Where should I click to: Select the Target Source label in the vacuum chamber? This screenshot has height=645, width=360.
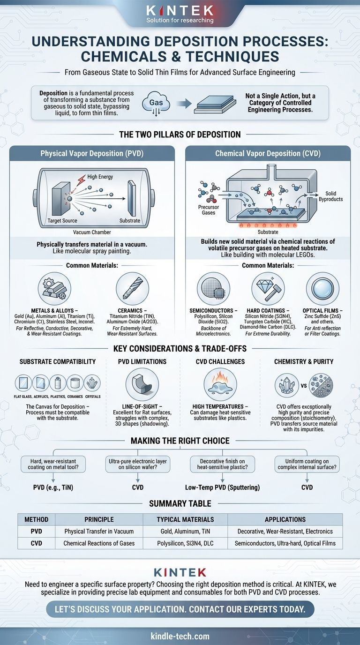(62, 221)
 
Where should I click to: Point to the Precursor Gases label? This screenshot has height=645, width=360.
(209, 210)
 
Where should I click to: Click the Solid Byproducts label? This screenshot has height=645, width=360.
(330, 196)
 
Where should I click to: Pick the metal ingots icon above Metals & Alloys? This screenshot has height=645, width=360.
(54, 289)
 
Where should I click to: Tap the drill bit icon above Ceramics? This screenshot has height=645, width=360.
(133, 289)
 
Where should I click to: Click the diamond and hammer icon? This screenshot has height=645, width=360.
(268, 289)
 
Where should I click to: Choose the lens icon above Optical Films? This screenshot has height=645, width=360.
(322, 289)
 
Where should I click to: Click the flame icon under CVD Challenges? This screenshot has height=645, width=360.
(220, 384)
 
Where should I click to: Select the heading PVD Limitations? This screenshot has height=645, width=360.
(142, 362)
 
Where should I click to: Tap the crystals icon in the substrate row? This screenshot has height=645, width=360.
(92, 383)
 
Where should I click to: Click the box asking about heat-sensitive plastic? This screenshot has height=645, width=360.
(223, 464)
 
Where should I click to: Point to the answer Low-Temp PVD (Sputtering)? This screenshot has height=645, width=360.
(222, 487)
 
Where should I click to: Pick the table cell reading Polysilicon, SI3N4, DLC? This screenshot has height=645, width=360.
(185, 543)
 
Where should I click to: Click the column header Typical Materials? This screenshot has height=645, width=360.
(185, 519)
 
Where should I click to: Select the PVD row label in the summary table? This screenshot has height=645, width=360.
(36, 531)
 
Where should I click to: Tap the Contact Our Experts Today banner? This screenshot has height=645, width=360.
(180, 609)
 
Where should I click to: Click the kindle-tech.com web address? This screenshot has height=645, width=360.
(180, 636)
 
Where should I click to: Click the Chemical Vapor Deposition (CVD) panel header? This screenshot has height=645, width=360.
(268, 153)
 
